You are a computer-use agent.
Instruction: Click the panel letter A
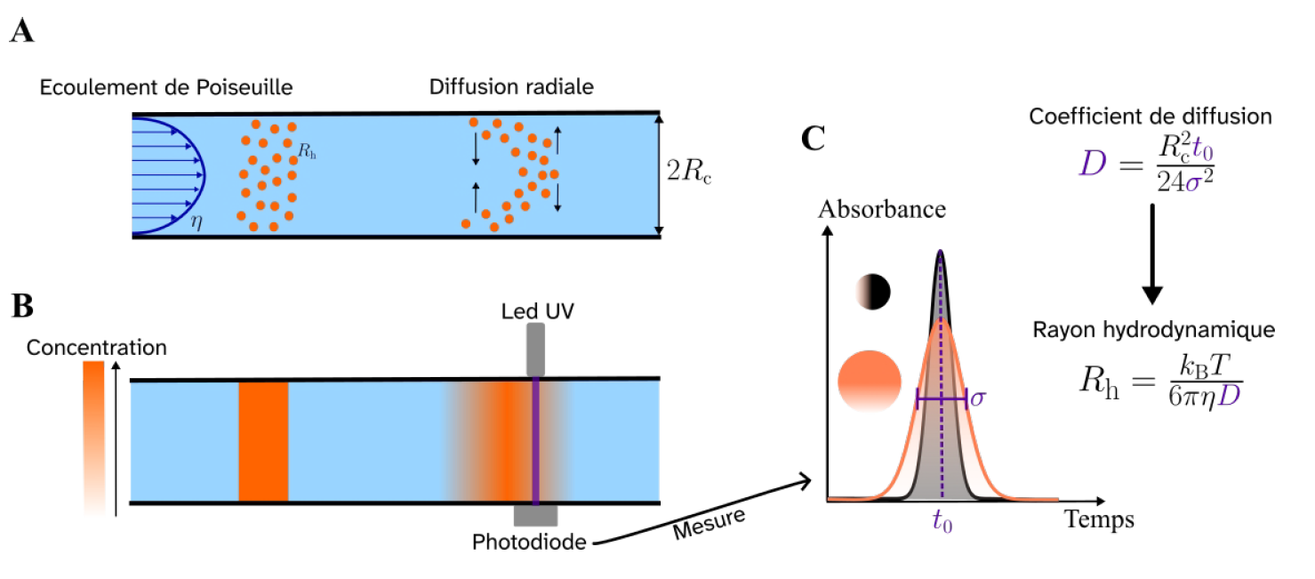point(21,30)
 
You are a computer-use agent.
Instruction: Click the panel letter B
point(23,305)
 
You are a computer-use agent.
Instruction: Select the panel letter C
point(813,139)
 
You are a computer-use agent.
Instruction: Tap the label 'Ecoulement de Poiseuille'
point(166,87)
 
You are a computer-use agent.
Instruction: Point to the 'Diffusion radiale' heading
point(511,87)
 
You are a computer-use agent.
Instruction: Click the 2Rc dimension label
point(688,171)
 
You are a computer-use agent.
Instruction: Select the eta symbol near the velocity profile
point(196,221)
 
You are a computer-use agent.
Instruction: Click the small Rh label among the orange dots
point(307,151)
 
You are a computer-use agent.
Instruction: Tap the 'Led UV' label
point(537,311)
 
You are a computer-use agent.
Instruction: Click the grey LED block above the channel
point(535,350)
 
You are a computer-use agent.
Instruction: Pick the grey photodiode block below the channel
point(535,516)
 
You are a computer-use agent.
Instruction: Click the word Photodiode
point(529,542)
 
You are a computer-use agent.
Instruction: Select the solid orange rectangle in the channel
point(263,441)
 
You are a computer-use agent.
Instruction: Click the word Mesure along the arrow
point(710,523)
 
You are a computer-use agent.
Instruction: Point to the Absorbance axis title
point(882,210)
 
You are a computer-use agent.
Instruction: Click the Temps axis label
point(1099,519)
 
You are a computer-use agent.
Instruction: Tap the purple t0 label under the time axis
point(942,521)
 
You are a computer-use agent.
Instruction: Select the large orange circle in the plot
point(870,381)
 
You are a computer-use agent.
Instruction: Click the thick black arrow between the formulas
point(1152,253)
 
